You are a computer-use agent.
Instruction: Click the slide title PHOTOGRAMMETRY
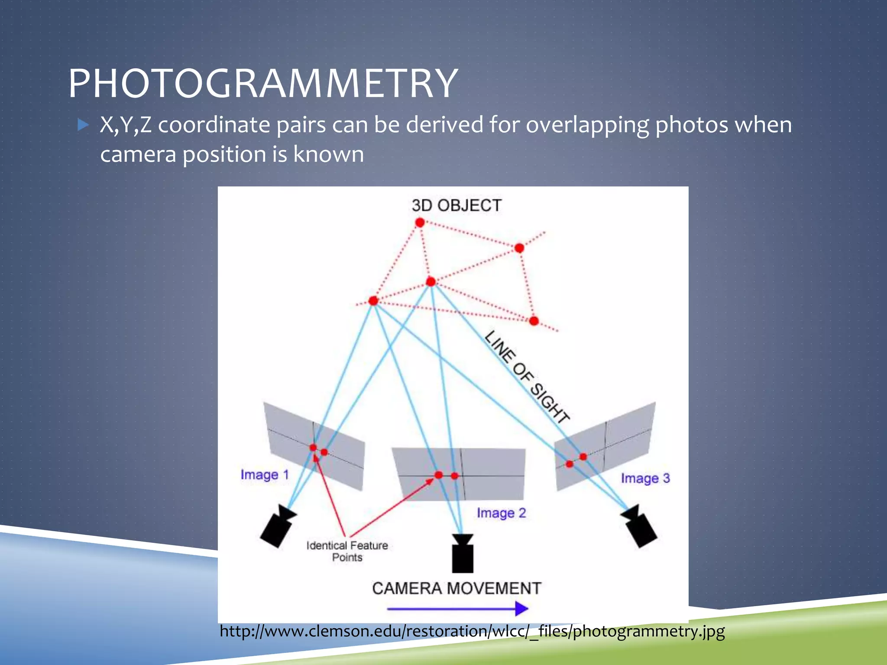(x=262, y=83)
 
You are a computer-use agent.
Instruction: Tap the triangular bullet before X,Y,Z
(x=83, y=126)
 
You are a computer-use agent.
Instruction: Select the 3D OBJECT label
(x=456, y=205)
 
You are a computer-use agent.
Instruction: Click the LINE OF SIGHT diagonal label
(x=527, y=377)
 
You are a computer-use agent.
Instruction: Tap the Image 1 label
(x=264, y=475)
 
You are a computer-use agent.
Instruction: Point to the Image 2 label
(x=501, y=513)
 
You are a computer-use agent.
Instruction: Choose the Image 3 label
(x=645, y=478)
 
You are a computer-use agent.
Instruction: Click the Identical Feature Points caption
(x=347, y=551)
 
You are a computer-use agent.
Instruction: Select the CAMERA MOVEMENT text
(x=456, y=588)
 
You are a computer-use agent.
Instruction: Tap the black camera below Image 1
(x=277, y=527)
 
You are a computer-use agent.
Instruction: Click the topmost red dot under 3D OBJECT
(x=420, y=223)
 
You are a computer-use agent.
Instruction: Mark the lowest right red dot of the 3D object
(x=534, y=321)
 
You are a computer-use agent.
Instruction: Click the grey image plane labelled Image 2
(x=489, y=463)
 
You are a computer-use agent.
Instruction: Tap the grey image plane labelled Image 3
(x=624, y=437)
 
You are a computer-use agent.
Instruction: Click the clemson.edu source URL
(x=472, y=631)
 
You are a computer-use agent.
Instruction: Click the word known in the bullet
(x=329, y=155)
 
